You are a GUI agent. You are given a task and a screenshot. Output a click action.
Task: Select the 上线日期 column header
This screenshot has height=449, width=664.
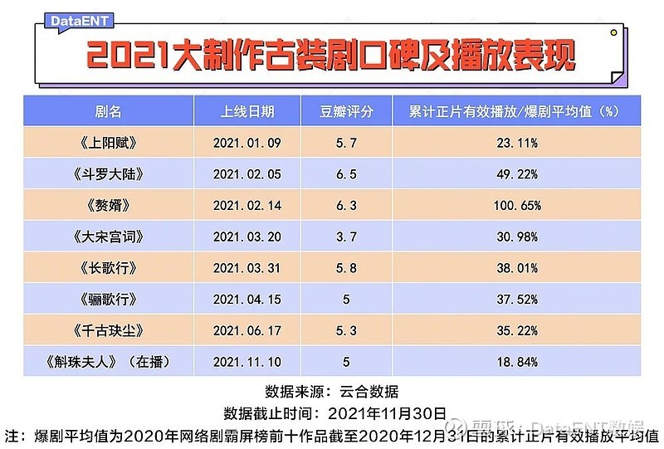point(247,111)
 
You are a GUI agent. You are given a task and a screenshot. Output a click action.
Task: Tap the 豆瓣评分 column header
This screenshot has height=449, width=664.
point(347,111)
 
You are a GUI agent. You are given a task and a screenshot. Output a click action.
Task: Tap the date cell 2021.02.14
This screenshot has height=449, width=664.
point(247,205)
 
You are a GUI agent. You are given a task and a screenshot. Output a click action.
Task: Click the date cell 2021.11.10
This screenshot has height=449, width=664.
point(247,362)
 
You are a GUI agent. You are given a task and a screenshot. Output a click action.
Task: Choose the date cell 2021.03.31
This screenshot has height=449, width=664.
point(247,268)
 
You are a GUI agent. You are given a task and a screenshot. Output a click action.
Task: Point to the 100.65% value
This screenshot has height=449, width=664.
point(516,205)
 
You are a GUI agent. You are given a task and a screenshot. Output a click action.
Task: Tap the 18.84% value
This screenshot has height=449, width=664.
point(516,362)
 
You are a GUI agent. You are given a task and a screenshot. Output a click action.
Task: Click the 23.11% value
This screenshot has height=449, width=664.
point(516,143)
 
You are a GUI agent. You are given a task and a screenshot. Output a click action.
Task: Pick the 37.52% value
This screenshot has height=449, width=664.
point(516,299)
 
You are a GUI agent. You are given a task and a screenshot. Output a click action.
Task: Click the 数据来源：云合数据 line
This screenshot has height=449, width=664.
point(332,391)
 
